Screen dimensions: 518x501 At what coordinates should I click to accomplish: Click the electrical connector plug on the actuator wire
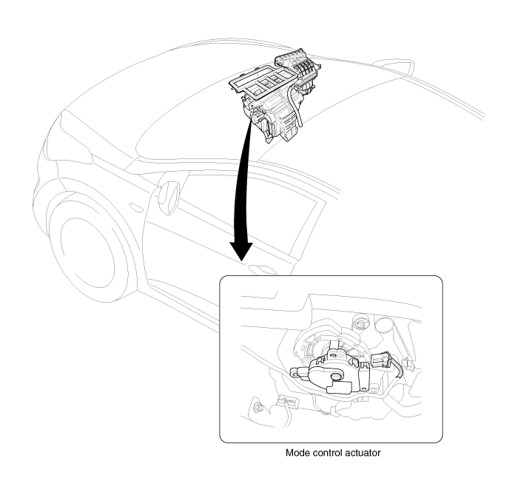click(380, 360)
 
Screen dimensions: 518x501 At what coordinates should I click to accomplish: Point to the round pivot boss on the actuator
click(336, 376)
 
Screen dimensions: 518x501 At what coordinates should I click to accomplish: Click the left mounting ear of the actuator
click(297, 371)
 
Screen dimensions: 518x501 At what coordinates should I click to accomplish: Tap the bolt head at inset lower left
click(258, 408)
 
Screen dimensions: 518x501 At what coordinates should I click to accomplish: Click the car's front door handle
click(263, 269)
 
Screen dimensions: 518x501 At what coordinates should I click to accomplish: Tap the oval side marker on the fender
click(135, 207)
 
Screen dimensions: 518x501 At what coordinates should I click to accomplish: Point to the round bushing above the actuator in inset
click(361, 324)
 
